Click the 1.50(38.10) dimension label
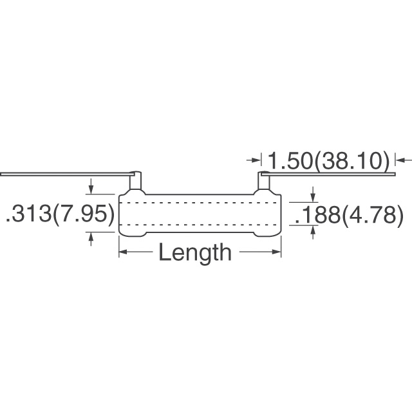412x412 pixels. point(328,160)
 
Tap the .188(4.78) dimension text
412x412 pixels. point(348,216)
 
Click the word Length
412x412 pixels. point(194,252)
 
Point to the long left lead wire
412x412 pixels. point(64,174)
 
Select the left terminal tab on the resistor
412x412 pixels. point(135,182)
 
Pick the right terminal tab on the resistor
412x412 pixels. point(264,182)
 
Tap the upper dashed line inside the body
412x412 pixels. point(200,203)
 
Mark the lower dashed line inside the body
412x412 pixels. point(200,224)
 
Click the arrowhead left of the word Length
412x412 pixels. point(122,252)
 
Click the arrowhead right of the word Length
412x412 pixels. point(277,252)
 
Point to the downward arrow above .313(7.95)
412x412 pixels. point(91,189)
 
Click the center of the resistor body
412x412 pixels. point(200,214)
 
